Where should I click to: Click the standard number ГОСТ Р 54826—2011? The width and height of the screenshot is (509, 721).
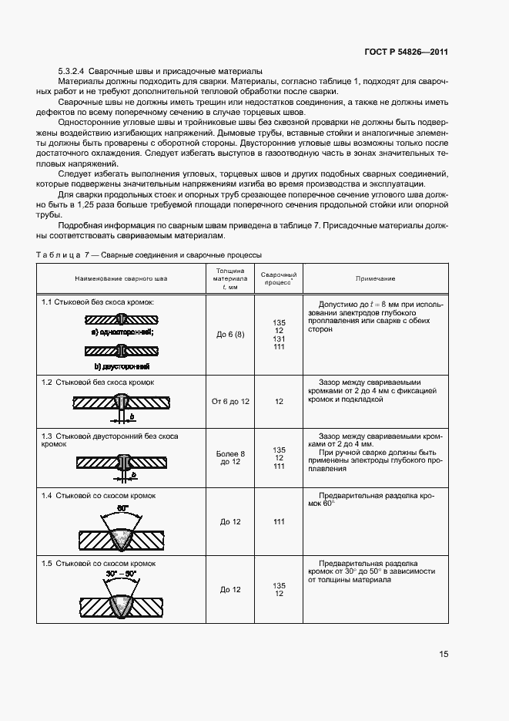pyautogui.click(x=407, y=52)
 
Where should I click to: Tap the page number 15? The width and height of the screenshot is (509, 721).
pyautogui.click(x=444, y=654)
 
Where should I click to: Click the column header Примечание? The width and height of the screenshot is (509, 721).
pyautogui.click(x=375, y=278)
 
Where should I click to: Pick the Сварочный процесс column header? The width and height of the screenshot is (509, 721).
pyautogui.click(x=279, y=278)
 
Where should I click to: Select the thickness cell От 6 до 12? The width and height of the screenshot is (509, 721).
pyautogui.click(x=230, y=402)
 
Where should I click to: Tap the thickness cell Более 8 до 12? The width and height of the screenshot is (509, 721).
pyautogui.click(x=230, y=457)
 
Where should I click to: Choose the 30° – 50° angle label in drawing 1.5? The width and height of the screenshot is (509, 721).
pyautogui.click(x=122, y=574)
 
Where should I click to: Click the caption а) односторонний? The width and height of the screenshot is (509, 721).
pyautogui.click(x=122, y=332)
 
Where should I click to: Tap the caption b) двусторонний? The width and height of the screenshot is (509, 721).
pyautogui.click(x=122, y=366)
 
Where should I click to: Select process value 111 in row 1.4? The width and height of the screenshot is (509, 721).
pyautogui.click(x=279, y=522)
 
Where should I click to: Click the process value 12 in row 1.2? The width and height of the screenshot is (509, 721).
pyautogui.click(x=279, y=402)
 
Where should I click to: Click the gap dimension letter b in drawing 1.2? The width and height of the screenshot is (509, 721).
pyautogui.click(x=132, y=416)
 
